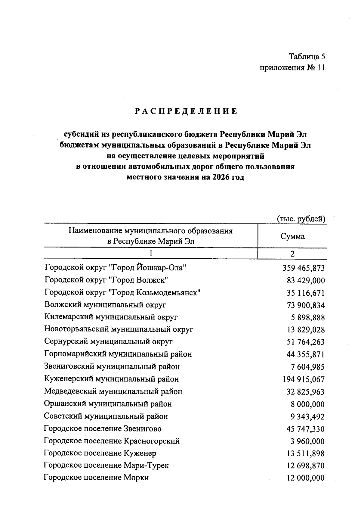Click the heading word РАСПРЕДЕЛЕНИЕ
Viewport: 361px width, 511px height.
(186, 111)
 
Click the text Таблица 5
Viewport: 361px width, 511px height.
(307, 57)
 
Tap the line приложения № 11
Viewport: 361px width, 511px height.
(292, 68)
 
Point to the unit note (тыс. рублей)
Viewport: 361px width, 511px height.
(301, 219)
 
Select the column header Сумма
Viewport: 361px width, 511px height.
(292, 236)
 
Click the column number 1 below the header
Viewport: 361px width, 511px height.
(151, 254)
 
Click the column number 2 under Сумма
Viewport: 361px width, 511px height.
(292, 254)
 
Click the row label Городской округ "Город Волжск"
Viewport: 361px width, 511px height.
(106, 280)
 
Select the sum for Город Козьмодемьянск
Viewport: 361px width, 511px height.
(306, 293)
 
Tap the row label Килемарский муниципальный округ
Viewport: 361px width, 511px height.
(111, 317)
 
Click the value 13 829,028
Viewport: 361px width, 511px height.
(306, 330)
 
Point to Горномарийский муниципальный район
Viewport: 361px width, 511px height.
(118, 354)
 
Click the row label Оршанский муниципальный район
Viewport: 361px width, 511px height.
(108, 404)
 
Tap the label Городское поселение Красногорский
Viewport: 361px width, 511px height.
(112, 441)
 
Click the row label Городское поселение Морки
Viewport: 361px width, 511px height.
(96, 478)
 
